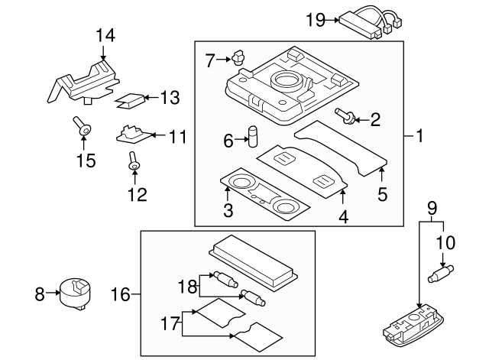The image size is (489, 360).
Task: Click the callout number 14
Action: point(105,34)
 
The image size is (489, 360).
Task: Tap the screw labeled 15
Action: point(83,128)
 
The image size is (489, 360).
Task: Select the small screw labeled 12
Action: point(134,162)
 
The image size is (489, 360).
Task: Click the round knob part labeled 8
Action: point(75,293)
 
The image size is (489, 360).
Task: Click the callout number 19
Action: point(315,20)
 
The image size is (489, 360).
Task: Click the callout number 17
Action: point(171,324)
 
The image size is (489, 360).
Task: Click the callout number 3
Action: point(227,210)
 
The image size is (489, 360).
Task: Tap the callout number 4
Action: point(343,218)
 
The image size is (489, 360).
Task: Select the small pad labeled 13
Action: point(131,98)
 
